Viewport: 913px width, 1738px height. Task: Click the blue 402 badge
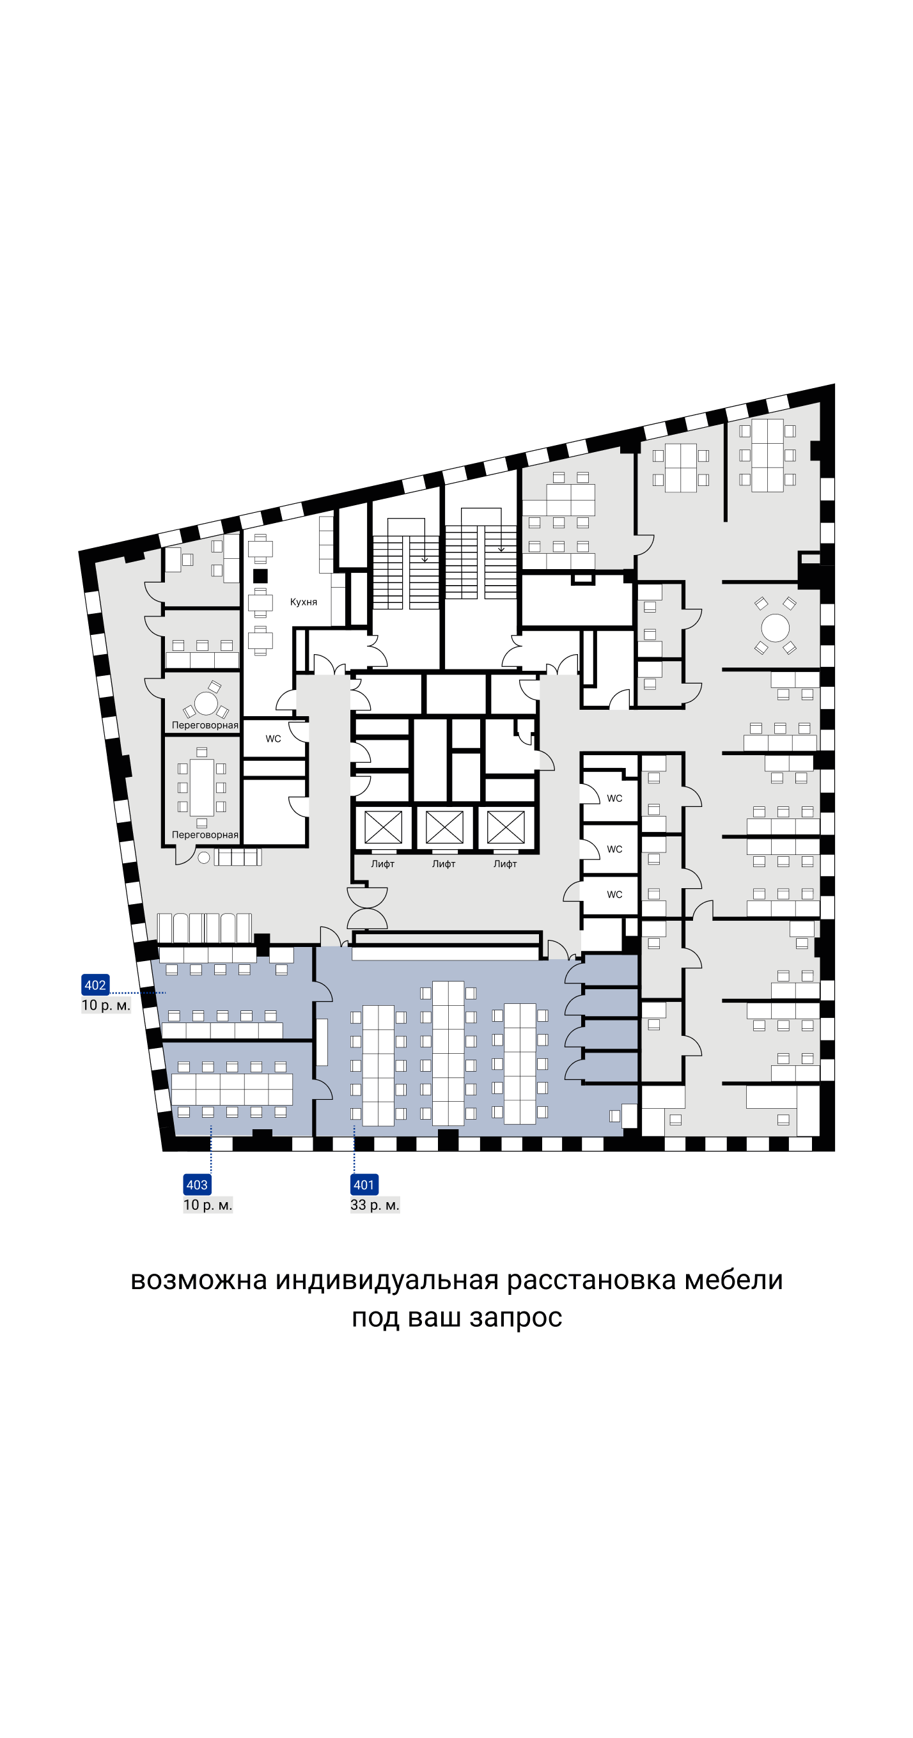click(95, 985)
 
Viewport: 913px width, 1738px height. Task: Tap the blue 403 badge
click(197, 1185)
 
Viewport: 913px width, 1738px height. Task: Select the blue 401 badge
click(364, 1185)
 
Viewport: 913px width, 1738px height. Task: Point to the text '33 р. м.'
click(375, 1205)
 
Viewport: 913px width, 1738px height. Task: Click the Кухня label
click(304, 602)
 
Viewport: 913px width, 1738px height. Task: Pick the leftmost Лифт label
click(382, 864)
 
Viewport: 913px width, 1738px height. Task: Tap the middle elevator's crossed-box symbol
click(445, 827)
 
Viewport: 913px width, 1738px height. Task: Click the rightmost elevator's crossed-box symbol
click(506, 827)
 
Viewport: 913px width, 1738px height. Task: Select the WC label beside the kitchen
click(273, 739)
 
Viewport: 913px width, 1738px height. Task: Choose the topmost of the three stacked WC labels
click(614, 798)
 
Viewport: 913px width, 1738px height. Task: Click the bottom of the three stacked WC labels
click(614, 895)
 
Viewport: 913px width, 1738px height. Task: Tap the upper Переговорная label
click(205, 725)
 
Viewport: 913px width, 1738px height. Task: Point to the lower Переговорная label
click(205, 834)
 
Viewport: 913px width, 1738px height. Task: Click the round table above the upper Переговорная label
click(206, 703)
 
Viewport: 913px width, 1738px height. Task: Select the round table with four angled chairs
click(776, 628)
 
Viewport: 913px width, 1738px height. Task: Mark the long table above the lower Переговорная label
click(202, 787)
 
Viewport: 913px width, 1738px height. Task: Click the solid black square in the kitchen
click(260, 575)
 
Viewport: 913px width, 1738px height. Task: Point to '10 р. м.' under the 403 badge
click(208, 1205)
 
